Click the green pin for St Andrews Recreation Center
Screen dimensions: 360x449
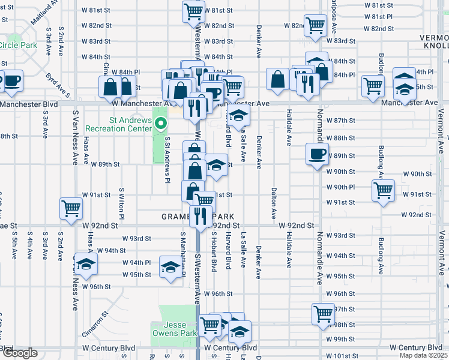tap(160, 124)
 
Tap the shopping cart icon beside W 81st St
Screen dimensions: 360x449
tap(193, 11)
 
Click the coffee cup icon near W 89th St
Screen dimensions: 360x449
tap(317, 154)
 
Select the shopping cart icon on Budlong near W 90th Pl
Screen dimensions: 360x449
tap(383, 191)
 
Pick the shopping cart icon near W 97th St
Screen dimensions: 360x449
tap(323, 313)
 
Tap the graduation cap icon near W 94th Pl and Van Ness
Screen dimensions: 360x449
tap(87, 265)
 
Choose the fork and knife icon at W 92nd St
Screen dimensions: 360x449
tap(200, 215)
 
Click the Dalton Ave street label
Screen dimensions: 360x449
tap(274, 204)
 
